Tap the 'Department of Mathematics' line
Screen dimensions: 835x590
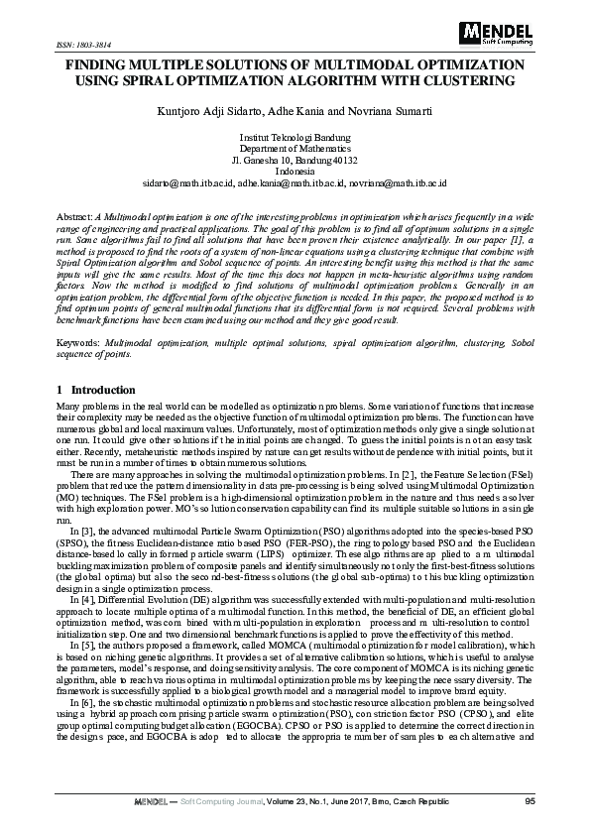[x=295, y=148]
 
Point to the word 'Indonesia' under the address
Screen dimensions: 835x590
[x=295, y=172]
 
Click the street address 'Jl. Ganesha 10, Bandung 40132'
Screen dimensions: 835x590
[x=295, y=160]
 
